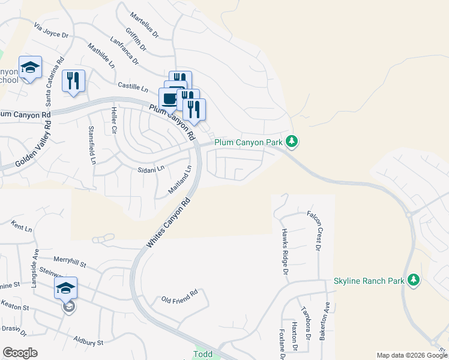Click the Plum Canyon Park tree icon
[x=292, y=142]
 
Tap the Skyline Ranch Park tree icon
[x=413, y=280]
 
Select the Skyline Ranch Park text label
[x=369, y=281]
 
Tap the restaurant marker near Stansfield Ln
[x=73, y=81]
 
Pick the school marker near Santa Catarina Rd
[x=29, y=68]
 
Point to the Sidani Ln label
[x=151, y=170]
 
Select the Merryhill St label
[x=70, y=262]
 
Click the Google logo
[x=20, y=353]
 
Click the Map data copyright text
[x=411, y=355]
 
